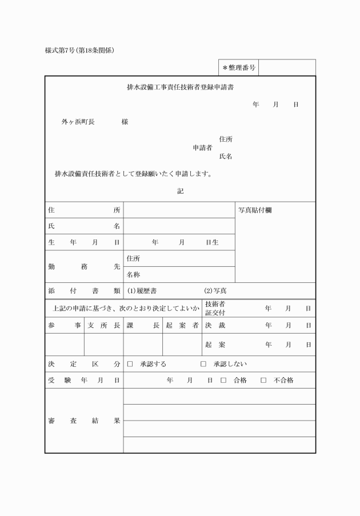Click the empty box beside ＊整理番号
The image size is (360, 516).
click(x=287, y=68)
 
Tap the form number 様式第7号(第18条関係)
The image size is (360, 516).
click(x=80, y=50)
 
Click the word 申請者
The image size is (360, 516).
click(x=202, y=147)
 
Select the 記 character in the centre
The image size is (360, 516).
click(x=181, y=191)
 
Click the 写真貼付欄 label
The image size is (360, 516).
click(x=255, y=210)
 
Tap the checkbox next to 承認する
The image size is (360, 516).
click(x=130, y=364)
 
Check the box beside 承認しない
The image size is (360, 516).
click(x=203, y=364)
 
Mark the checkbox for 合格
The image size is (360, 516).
click(x=223, y=380)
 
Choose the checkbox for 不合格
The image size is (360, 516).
click(x=263, y=380)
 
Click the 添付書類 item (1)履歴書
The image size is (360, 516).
click(x=142, y=291)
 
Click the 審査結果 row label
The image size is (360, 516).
click(x=84, y=421)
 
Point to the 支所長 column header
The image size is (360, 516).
click(x=103, y=325)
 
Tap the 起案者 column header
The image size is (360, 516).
click(x=182, y=325)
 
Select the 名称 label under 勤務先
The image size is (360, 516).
click(x=133, y=275)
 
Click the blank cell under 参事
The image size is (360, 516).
click(x=65, y=345)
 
